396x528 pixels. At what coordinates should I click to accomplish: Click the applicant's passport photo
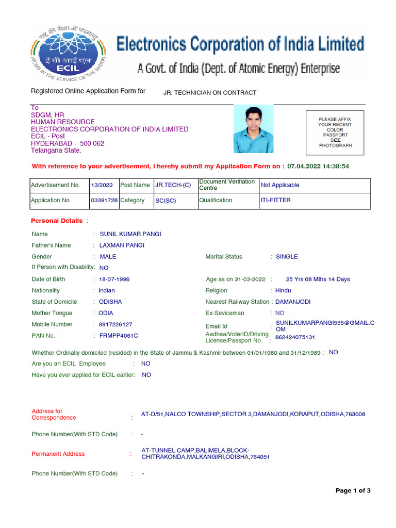pyautogui.click(x=253, y=129)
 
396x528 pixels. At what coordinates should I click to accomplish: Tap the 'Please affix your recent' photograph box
pyautogui.click(x=335, y=133)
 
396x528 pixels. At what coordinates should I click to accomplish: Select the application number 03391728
pyautogui.click(x=104, y=201)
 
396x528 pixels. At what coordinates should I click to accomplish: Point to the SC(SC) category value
pyautogui.click(x=166, y=201)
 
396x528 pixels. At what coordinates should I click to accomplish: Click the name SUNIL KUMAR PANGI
pyautogui.click(x=130, y=234)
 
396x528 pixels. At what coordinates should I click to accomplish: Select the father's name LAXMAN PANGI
pyautogui.click(x=122, y=245)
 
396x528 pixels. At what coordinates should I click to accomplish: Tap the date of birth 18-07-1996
pyautogui.click(x=114, y=279)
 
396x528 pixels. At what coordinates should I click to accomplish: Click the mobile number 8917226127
pyautogui.click(x=115, y=325)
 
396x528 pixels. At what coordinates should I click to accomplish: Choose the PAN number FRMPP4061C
pyautogui.click(x=119, y=336)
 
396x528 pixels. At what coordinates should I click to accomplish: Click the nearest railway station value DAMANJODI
pyautogui.click(x=293, y=302)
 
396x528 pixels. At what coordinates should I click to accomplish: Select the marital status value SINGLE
pyautogui.click(x=287, y=257)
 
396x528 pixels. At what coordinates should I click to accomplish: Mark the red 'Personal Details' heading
pyautogui.click(x=57, y=221)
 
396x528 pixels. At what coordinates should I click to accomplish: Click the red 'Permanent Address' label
pyautogui.click(x=58, y=454)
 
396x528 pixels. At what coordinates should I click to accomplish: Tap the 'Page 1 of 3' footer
pyautogui.click(x=353, y=491)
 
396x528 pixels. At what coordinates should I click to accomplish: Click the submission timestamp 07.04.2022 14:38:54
pyautogui.click(x=318, y=167)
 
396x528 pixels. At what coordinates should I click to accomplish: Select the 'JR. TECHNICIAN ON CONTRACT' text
pyautogui.click(x=209, y=93)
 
